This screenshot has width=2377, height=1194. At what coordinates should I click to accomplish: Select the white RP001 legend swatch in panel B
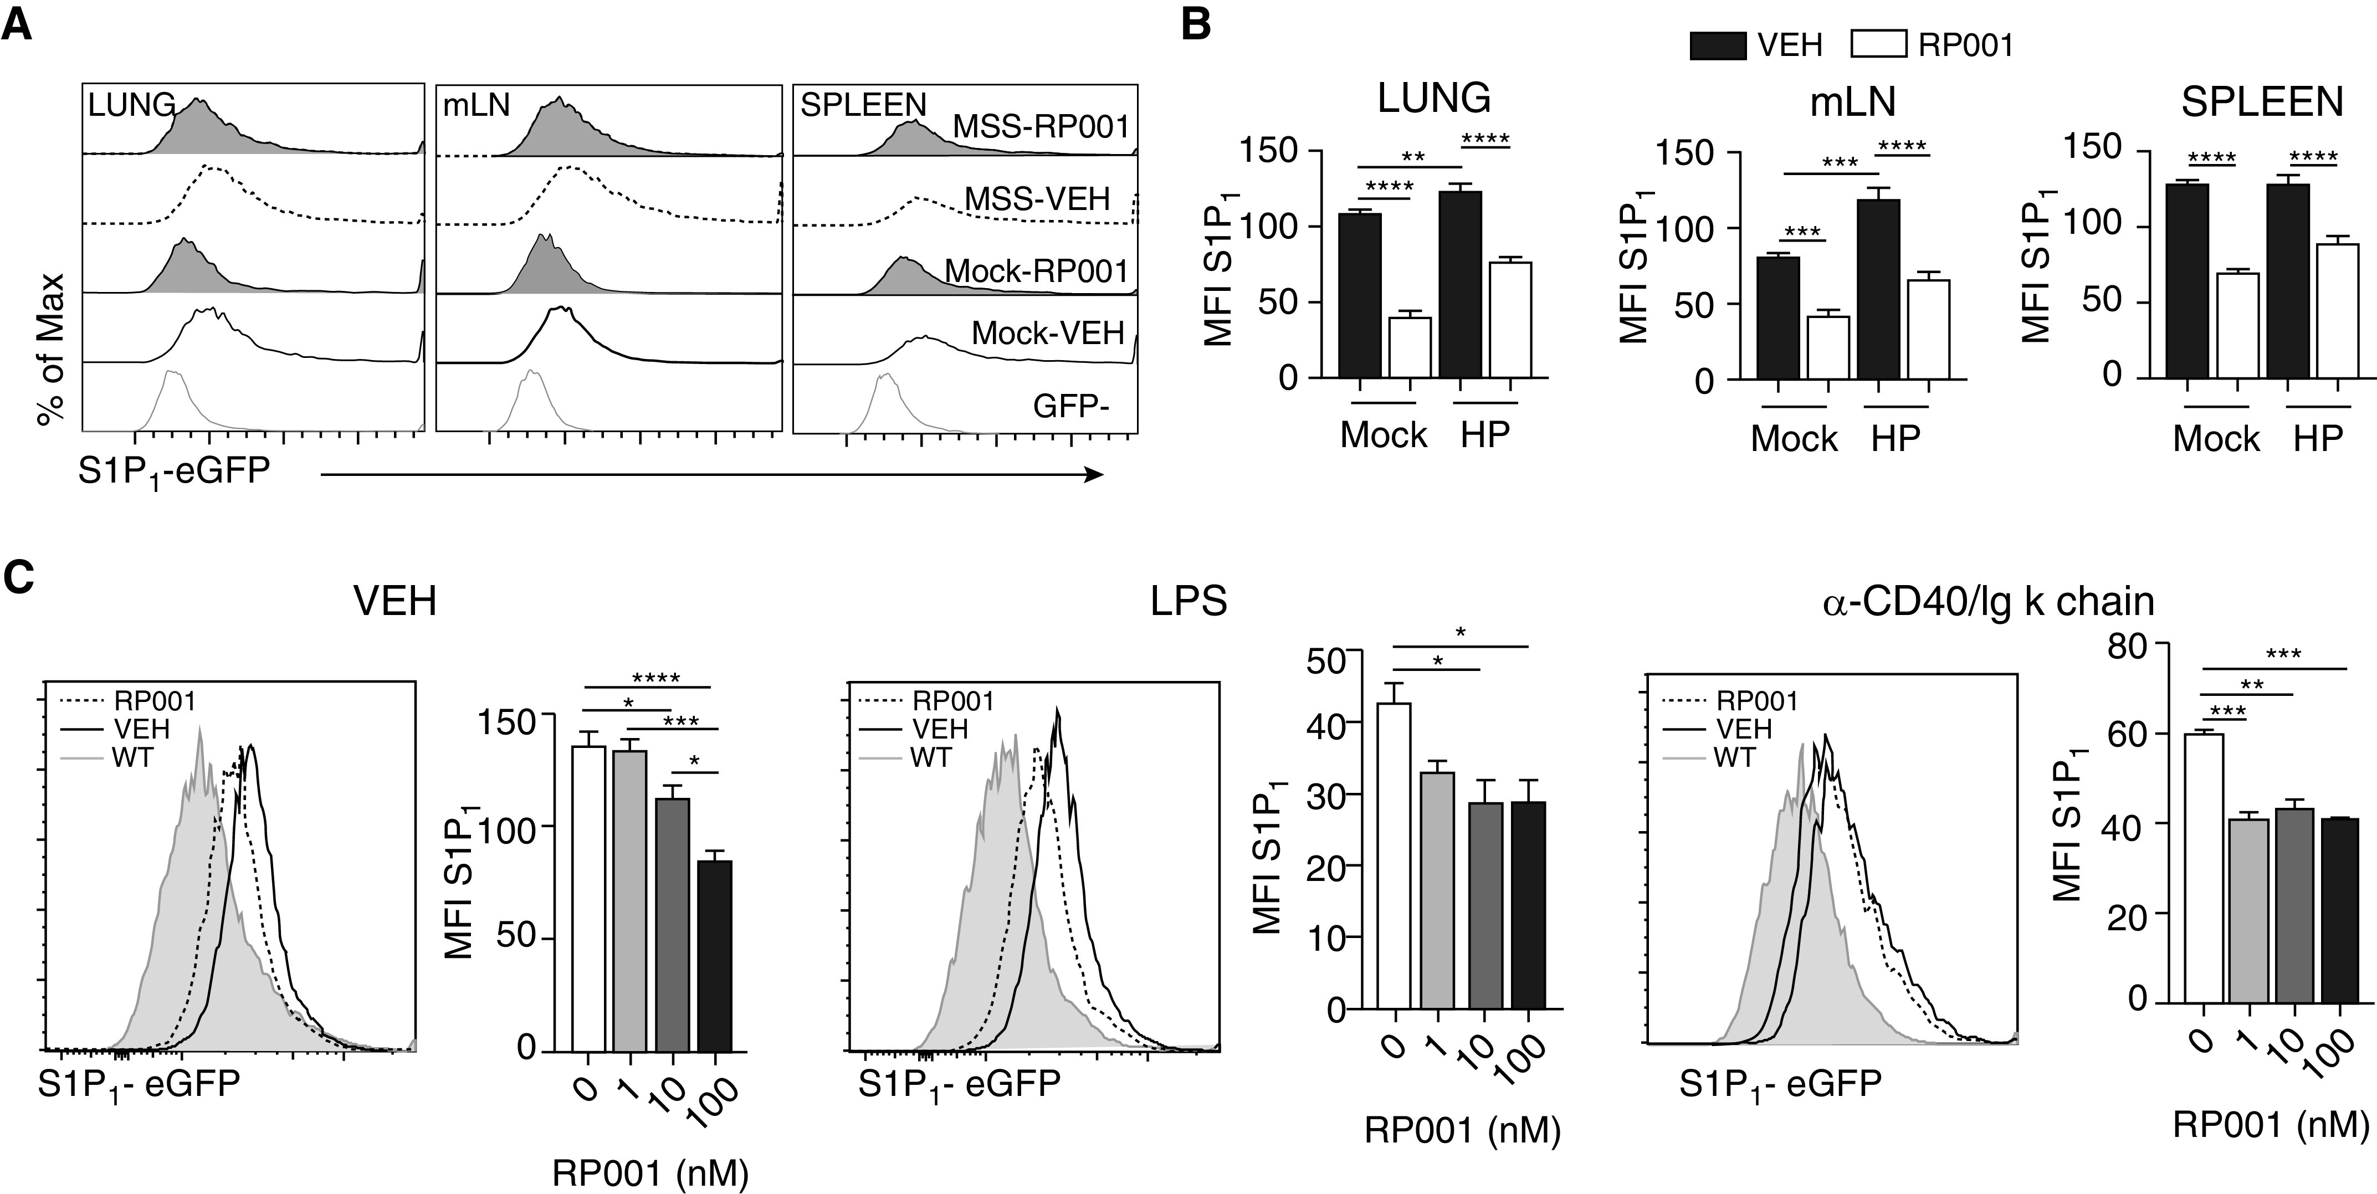click(x=1879, y=44)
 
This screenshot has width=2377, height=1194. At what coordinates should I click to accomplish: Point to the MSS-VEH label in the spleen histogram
click(x=1037, y=198)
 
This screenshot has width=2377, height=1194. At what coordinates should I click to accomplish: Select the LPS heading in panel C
click(x=1188, y=602)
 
